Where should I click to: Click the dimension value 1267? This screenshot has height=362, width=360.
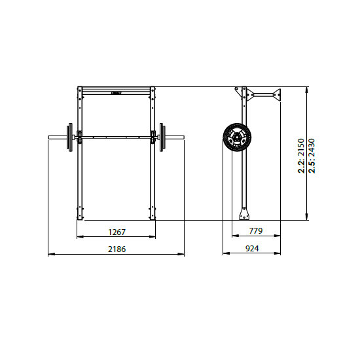click(x=117, y=232)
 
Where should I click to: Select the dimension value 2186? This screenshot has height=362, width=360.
click(x=117, y=249)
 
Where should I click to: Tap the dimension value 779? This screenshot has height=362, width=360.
click(x=256, y=231)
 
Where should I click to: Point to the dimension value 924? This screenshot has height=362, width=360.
click(x=252, y=249)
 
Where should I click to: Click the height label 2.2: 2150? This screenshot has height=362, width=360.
click(x=301, y=156)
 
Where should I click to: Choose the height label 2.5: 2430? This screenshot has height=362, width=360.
click(x=312, y=156)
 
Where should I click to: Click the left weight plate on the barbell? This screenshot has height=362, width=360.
click(x=69, y=137)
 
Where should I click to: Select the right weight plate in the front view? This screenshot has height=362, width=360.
click(x=162, y=137)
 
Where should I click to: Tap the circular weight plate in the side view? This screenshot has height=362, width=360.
click(x=237, y=137)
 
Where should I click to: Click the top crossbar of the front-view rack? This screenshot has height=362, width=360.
click(x=117, y=90)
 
